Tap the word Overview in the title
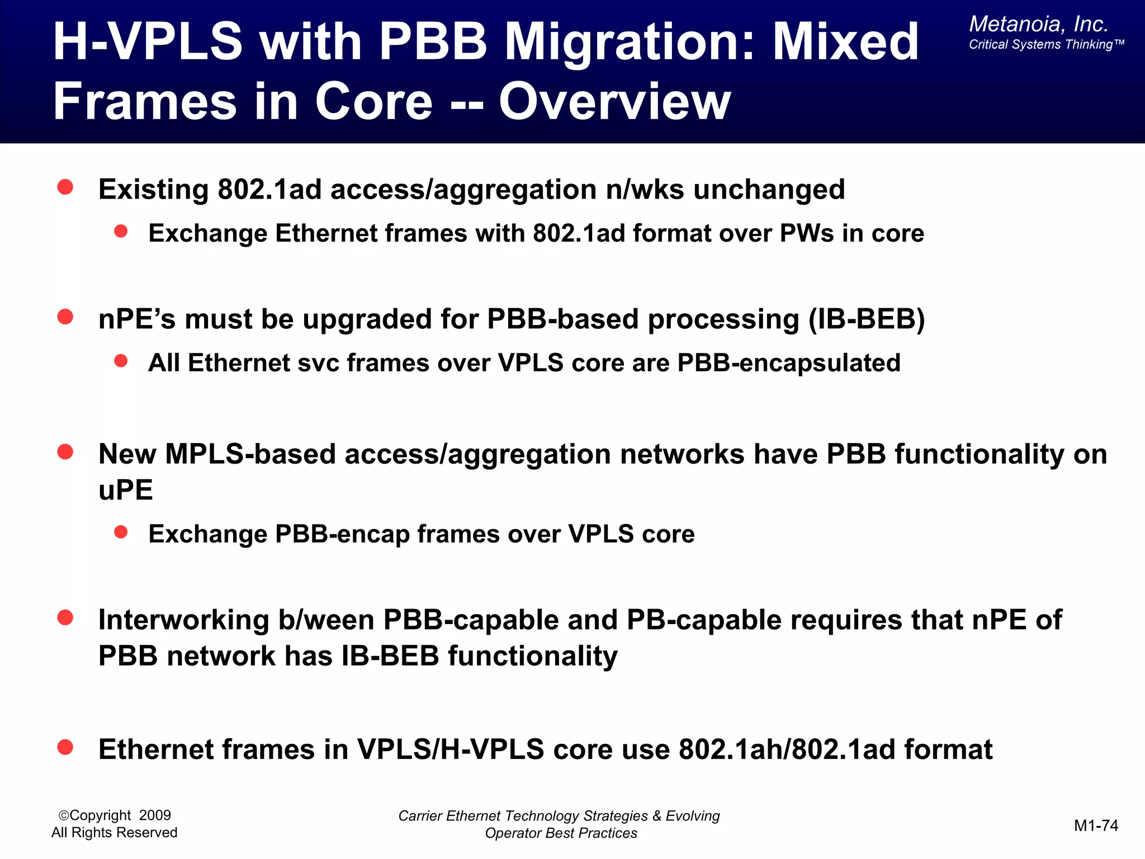(614, 102)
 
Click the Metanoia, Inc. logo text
(1038, 24)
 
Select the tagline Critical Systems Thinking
(1045, 45)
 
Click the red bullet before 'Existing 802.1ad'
(65, 187)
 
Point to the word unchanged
(769, 190)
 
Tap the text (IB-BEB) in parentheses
(867, 319)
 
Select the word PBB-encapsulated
(788, 363)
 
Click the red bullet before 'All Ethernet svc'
(121, 361)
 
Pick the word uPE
(125, 490)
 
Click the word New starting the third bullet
(127, 454)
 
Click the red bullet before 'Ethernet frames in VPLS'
(65, 747)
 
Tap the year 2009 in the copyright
(155, 815)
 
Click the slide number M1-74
(1096, 825)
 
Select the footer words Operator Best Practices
(561, 833)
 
